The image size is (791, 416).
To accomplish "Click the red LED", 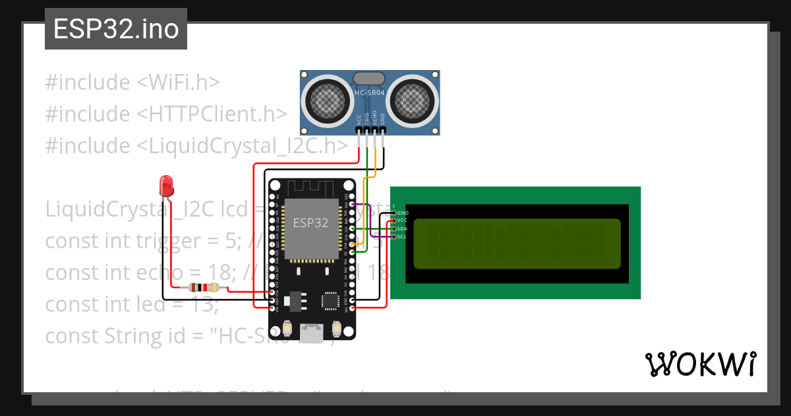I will pyautogui.click(x=166, y=185).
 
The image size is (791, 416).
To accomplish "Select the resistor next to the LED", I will pyautogui.click(x=204, y=287).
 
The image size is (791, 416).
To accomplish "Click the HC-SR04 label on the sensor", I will pyautogui.click(x=370, y=94).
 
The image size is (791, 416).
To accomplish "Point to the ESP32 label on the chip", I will pyautogui.click(x=310, y=223).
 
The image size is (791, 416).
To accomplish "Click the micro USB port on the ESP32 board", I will pyautogui.click(x=311, y=331).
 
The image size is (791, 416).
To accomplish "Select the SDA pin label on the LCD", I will pyautogui.click(x=402, y=228).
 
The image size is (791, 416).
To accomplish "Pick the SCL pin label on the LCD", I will pyautogui.click(x=402, y=236).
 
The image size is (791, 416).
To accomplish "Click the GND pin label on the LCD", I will pyautogui.click(x=403, y=213).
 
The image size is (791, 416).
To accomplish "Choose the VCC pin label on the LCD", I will pyautogui.click(x=402, y=220).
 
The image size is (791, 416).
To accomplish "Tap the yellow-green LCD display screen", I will pyautogui.click(x=517, y=244).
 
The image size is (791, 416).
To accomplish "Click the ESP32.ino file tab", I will pyautogui.click(x=116, y=30).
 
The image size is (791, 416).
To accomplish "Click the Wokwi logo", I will pyautogui.click(x=701, y=364).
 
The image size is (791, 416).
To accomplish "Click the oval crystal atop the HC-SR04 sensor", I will pyautogui.click(x=369, y=79).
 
